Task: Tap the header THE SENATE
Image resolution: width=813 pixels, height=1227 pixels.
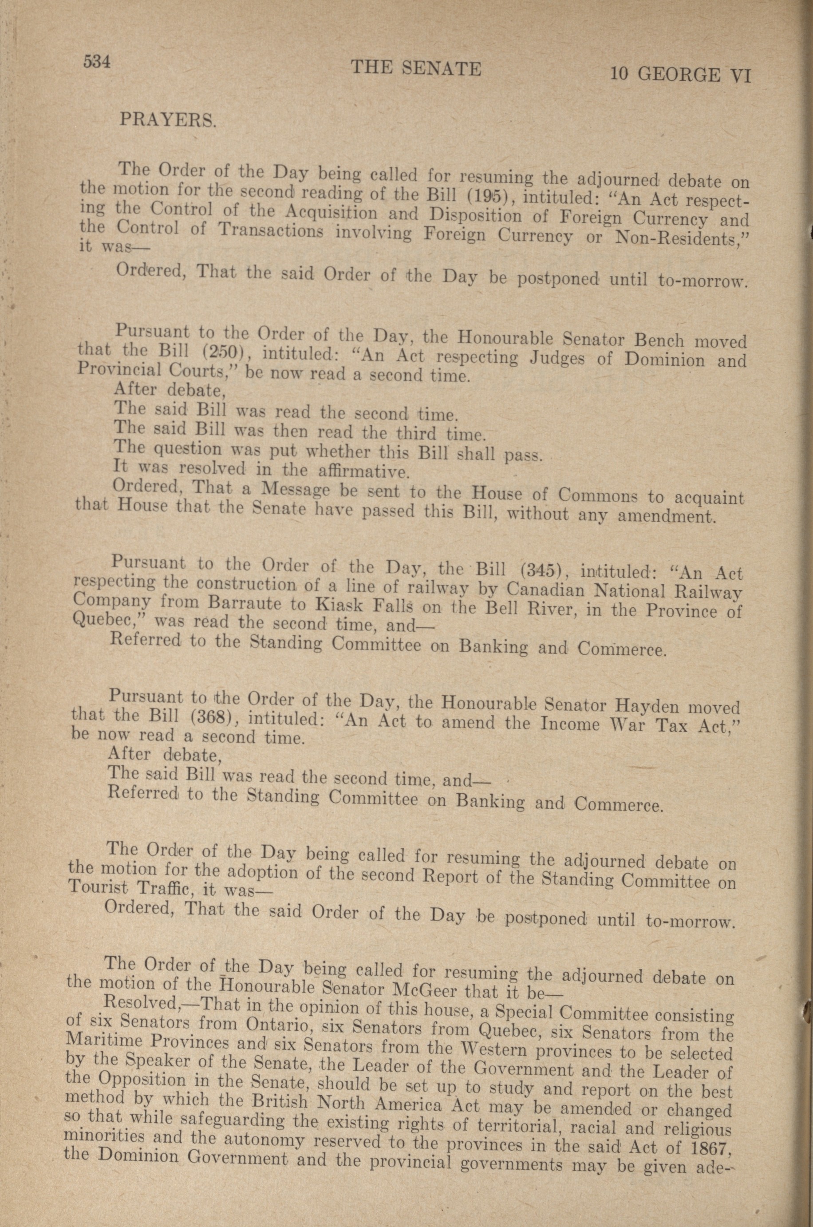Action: click(x=416, y=68)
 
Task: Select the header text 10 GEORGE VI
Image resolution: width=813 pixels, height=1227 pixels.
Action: click(x=680, y=75)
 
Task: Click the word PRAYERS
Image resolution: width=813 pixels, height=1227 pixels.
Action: click(x=167, y=120)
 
